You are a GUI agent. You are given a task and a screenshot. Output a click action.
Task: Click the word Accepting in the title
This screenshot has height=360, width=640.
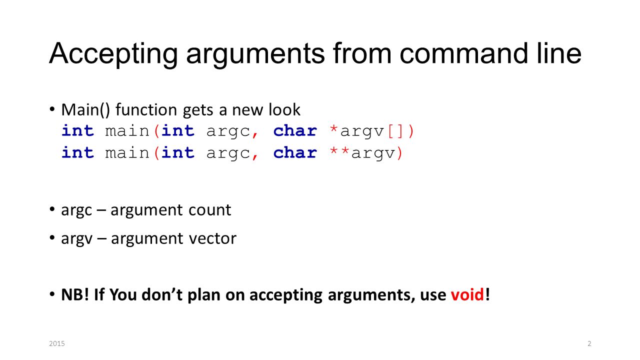113,54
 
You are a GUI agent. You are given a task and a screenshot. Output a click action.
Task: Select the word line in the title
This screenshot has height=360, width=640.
559,53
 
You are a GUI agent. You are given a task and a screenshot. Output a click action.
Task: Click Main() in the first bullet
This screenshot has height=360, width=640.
85,109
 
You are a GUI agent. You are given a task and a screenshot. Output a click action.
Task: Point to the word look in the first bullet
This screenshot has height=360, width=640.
284,109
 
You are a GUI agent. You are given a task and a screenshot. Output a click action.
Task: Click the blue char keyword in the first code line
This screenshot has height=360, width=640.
295,131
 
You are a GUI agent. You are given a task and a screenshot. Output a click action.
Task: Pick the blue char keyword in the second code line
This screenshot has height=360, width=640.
295,152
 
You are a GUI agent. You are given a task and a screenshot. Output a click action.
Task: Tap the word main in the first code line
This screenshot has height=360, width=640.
127,131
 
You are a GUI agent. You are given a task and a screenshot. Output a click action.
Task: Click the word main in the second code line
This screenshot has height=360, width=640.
127,153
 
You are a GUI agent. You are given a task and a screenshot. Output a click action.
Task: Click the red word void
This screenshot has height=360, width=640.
467,294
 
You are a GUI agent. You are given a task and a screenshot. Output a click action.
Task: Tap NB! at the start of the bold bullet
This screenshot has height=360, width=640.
75,294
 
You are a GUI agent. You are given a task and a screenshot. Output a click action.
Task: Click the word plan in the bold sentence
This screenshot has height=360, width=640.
203,295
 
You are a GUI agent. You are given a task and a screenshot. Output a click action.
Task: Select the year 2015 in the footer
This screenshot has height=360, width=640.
57,343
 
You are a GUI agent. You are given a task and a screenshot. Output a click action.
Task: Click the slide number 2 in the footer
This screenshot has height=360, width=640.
589,343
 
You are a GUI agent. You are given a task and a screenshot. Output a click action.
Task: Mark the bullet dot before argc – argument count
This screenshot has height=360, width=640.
52,209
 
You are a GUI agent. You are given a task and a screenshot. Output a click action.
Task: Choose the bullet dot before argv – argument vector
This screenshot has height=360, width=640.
52,237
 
